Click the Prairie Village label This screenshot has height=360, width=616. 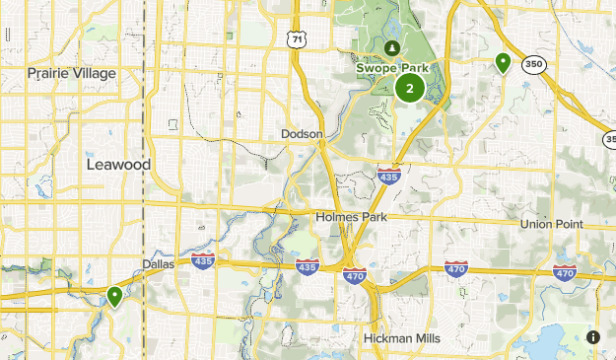coord(72,73)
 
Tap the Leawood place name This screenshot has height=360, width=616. coord(117,165)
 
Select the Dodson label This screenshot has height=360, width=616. coord(302,133)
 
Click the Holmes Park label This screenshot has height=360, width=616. coord(352,216)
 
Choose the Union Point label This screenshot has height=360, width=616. coord(552,224)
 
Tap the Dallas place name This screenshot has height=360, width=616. coord(158,263)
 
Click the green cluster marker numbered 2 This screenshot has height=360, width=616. coord(409,89)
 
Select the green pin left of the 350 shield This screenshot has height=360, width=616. coord(503,64)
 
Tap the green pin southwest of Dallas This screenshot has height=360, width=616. coord(115,295)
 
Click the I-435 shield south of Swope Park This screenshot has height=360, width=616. coord(387,176)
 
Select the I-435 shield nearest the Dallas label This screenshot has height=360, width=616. coord(204,260)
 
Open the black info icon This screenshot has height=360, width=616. coord(592,337)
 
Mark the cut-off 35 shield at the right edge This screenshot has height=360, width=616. coord(609,139)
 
